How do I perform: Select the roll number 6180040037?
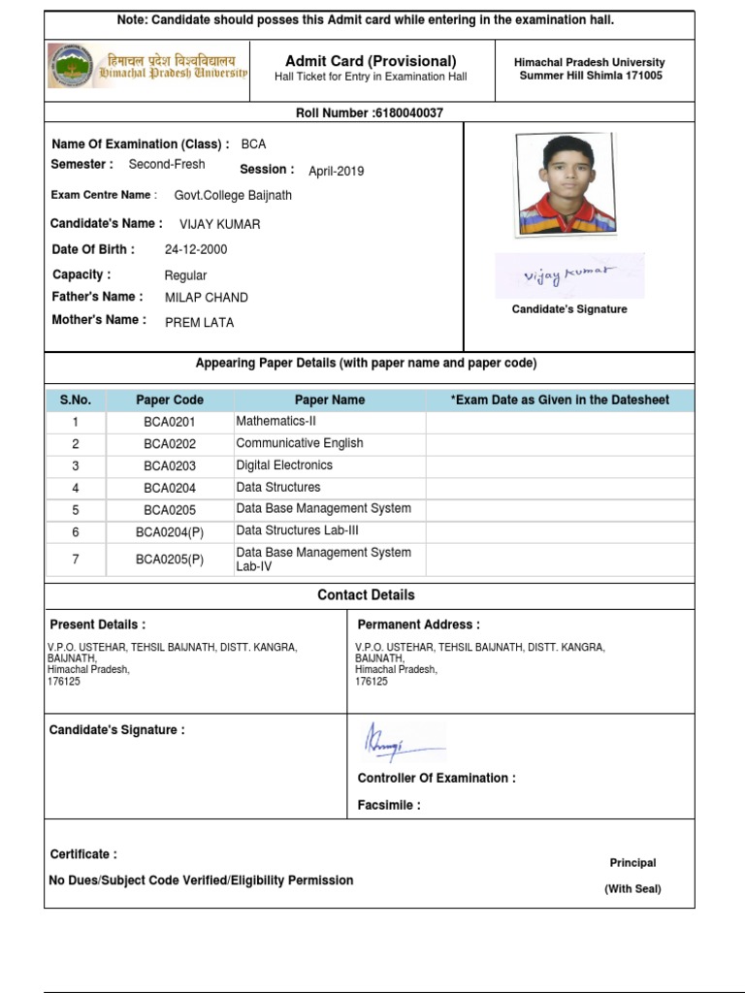pos(407,113)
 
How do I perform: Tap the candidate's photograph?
pos(566,183)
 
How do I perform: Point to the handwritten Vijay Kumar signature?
pos(568,275)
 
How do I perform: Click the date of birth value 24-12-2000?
pos(196,249)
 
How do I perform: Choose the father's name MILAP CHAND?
pos(206,298)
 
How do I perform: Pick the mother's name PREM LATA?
pos(199,322)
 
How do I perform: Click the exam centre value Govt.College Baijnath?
pos(233,195)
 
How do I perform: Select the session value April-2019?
pos(337,172)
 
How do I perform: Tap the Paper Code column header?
pos(170,400)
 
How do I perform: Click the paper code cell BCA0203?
pos(170,465)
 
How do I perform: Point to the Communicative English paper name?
pos(300,443)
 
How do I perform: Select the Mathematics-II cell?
pos(276,421)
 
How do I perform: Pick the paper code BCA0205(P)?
pos(170,560)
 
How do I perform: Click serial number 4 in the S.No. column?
pos(76,488)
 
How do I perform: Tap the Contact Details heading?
pos(366,595)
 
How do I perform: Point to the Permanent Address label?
pos(418,625)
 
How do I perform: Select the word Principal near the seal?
pos(632,863)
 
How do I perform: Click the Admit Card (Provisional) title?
pos(371,61)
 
